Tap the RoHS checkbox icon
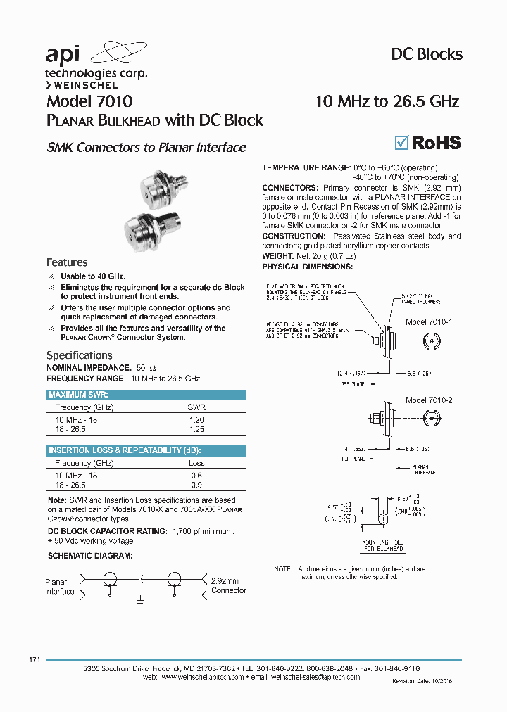click(400, 142)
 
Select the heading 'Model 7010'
click(89, 101)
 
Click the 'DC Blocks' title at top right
click(426, 54)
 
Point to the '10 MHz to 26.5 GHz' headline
click(387, 101)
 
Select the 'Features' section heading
click(67, 262)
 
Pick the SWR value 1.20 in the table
click(196, 419)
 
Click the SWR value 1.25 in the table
click(196, 428)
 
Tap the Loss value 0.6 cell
click(196, 476)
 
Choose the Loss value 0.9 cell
click(196, 485)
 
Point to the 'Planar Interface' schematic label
click(59, 587)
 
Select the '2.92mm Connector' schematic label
click(228, 585)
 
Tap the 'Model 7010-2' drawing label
click(428, 400)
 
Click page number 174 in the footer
click(35, 659)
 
